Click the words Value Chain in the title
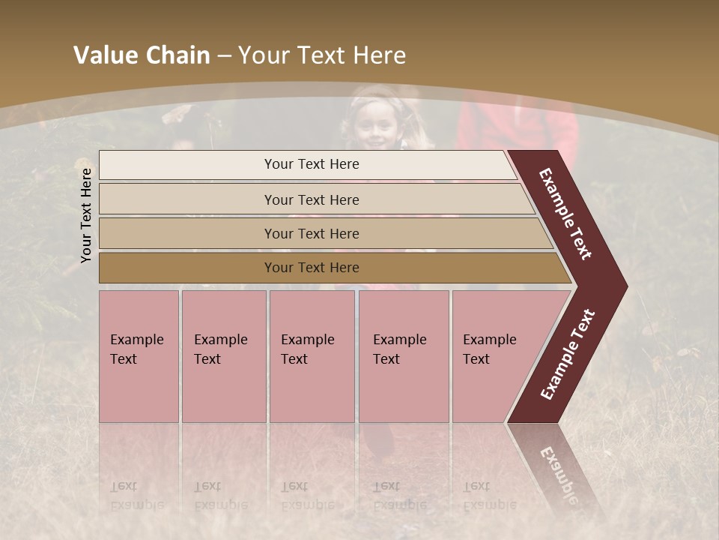[142, 55]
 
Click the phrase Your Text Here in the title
[322, 55]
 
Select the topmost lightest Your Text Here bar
[311, 164]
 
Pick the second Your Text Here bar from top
[311, 199]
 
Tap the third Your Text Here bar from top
[311, 233]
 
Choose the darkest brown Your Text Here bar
[311, 268]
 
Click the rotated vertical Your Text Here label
[86, 215]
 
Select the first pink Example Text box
[139, 355]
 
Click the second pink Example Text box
[223, 355]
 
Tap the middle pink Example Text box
[312, 355]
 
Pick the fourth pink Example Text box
[403, 355]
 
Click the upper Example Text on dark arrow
[565, 214]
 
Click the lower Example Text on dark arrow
[568, 355]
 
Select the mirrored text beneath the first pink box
[136, 496]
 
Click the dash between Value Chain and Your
[224, 56]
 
